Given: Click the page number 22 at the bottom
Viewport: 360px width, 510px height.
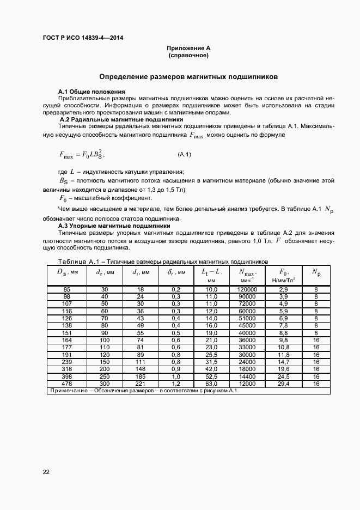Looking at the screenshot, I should tap(46, 472).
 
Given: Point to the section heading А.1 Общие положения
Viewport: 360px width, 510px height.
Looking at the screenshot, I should tap(91, 91).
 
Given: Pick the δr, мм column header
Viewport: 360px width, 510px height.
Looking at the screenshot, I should tap(176, 272).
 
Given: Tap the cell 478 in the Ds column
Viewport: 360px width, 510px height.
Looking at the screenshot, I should tap(67, 384).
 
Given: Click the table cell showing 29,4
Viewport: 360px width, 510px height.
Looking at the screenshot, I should tap(283, 384).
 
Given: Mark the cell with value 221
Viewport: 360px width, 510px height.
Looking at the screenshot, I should tap(140, 384).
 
